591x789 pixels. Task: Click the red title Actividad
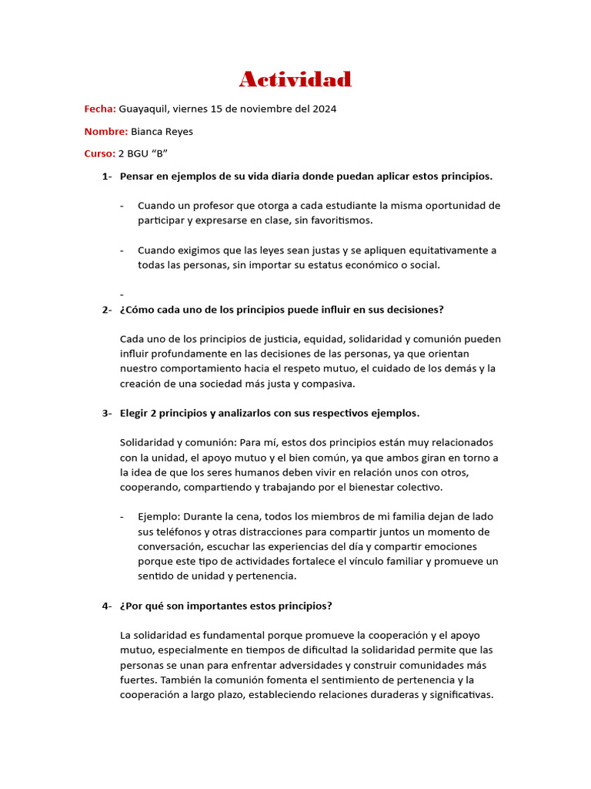pos(295,79)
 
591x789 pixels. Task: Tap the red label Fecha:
pos(100,109)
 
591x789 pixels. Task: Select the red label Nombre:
pos(105,131)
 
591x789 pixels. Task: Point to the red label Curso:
pos(99,153)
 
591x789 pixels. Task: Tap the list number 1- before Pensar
pos(107,176)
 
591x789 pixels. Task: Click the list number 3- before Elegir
pos(107,413)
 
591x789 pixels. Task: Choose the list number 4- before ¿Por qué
pos(107,606)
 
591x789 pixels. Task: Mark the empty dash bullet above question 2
pos(122,294)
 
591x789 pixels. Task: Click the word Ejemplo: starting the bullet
pos(160,516)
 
